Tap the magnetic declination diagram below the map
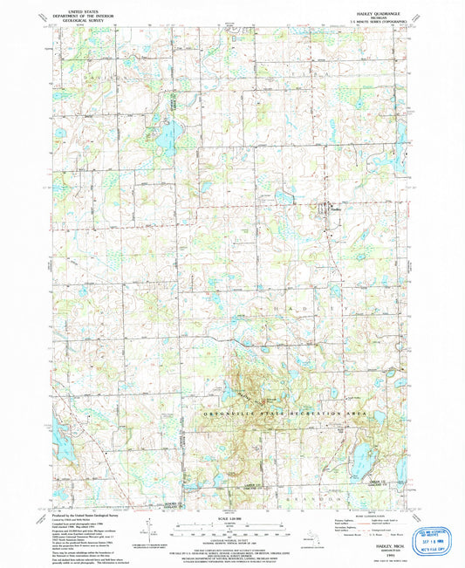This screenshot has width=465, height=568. point(151,530)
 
